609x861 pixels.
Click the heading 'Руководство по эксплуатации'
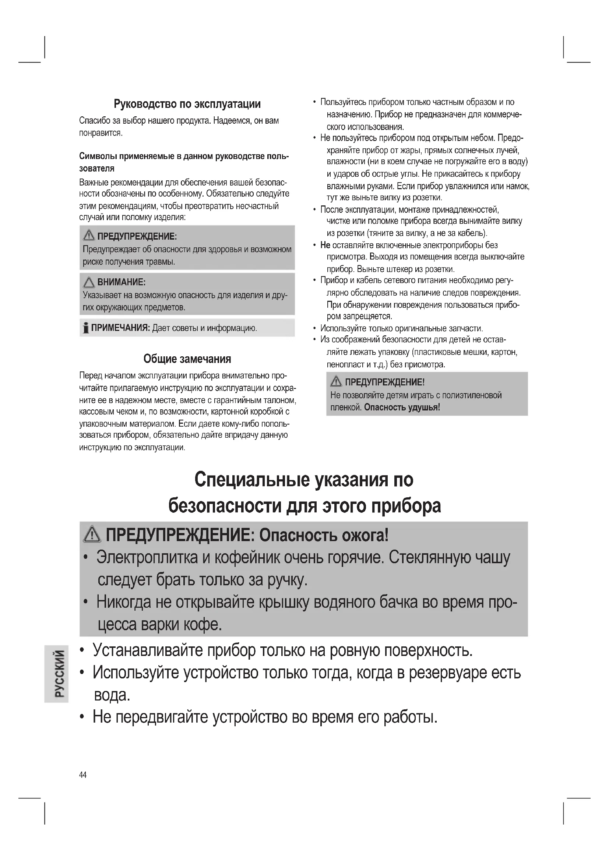tap(187, 104)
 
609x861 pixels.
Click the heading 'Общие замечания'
tap(187, 359)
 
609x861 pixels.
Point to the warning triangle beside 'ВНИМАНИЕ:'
tap(89, 282)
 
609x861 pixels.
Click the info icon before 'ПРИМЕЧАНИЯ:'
tap(86, 328)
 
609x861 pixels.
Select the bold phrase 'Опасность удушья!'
tap(402, 407)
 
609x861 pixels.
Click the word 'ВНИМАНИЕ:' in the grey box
tap(122, 282)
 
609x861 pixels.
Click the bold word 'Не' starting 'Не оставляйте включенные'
tap(325, 245)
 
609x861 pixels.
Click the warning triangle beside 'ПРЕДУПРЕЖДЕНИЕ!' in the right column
tap(336, 382)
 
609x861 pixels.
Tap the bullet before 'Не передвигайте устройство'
tap(82, 717)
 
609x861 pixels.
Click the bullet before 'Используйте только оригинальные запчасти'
tap(314, 328)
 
